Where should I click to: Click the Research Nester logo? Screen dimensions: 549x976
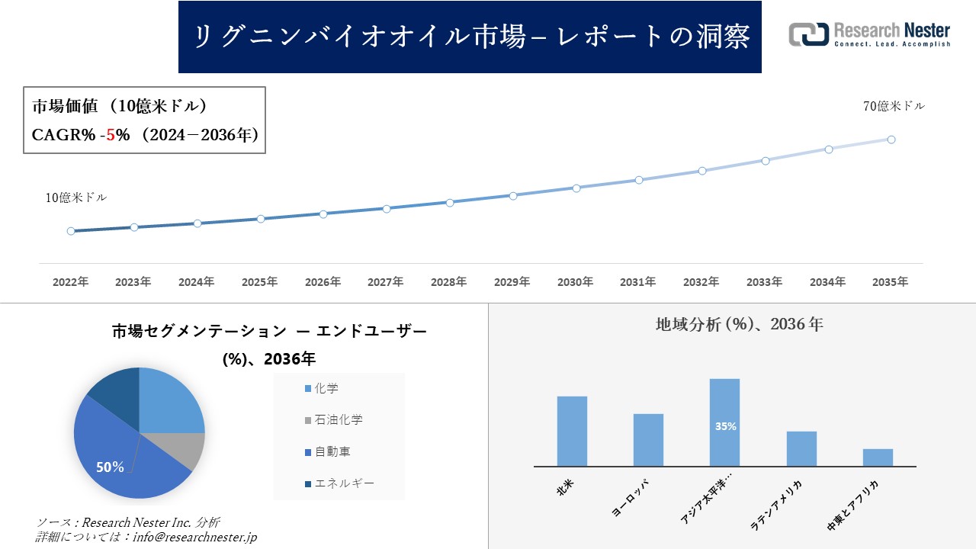(x=869, y=34)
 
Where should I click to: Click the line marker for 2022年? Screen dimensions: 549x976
(x=71, y=231)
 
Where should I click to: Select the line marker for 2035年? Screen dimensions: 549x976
(x=891, y=140)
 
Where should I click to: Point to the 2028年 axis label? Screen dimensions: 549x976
(x=448, y=282)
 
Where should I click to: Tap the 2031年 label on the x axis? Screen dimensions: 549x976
(x=637, y=282)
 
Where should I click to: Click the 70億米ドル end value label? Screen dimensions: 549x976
(x=894, y=107)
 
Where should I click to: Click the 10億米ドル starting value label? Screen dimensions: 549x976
(x=76, y=197)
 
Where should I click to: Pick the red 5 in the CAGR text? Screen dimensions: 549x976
(x=111, y=135)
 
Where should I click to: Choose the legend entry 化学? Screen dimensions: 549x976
(x=326, y=388)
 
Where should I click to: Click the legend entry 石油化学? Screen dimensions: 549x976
(x=338, y=420)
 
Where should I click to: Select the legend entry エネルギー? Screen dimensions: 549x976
(x=344, y=483)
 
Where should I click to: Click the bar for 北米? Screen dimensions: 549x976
(x=572, y=431)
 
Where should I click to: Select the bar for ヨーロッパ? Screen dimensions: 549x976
(x=648, y=440)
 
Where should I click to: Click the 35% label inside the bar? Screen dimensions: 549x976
(x=725, y=426)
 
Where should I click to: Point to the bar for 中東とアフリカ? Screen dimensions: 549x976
(x=878, y=457)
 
